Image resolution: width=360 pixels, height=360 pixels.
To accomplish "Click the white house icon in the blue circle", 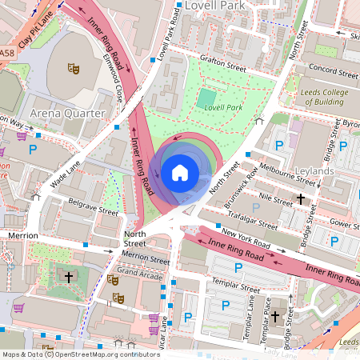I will (x=180, y=172).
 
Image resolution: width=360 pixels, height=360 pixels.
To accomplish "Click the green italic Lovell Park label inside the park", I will (x=222, y=107).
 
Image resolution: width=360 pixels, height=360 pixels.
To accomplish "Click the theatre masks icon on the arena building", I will (x=74, y=70).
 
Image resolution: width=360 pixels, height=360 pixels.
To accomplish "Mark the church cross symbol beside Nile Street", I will (x=301, y=198).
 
